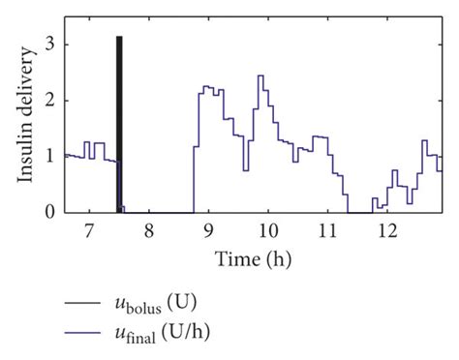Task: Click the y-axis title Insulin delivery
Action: (x=26, y=128)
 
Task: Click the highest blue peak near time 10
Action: (x=260, y=75)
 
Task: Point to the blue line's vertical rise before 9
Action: (x=194, y=179)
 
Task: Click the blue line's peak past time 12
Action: (x=424, y=141)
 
